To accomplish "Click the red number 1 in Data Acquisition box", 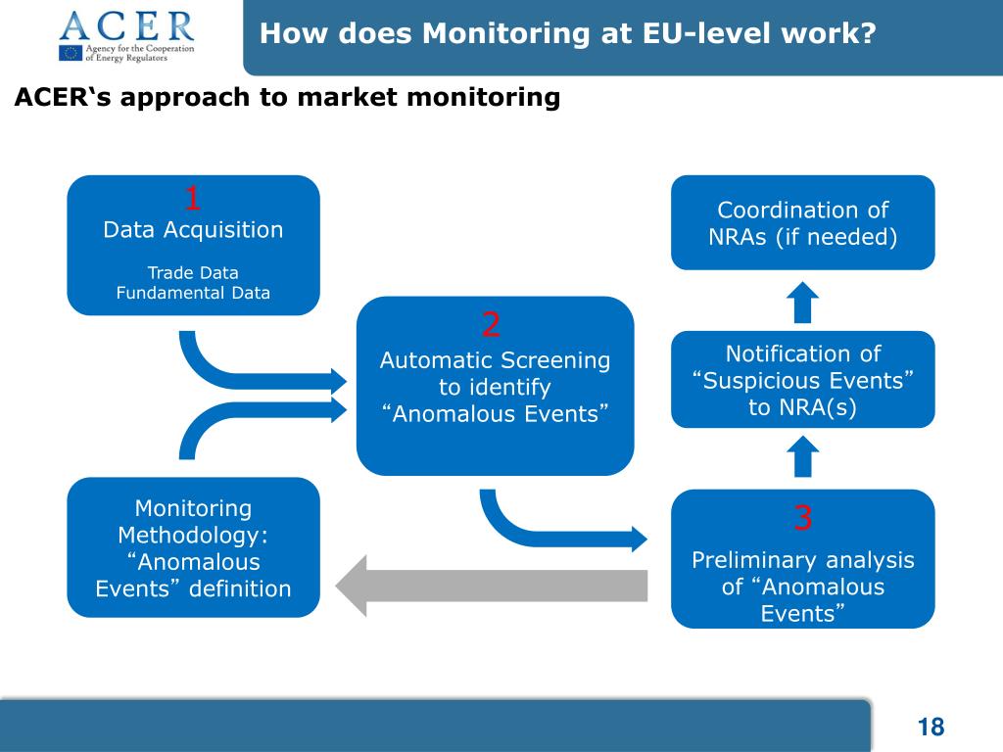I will coord(193,199).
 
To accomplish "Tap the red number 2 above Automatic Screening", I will coord(492,323).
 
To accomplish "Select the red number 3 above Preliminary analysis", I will coord(803,518).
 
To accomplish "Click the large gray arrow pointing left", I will coord(491,586).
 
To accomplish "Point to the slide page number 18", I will coord(931,727).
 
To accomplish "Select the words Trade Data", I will coord(193,272).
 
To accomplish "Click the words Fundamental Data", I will coord(193,292).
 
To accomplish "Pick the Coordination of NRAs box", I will coord(802,222).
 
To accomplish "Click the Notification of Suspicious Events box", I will coord(802,380).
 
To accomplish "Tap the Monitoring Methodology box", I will coord(193,547).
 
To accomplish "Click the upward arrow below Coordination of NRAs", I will coord(803,301).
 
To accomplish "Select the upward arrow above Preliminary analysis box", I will coord(803,457).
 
